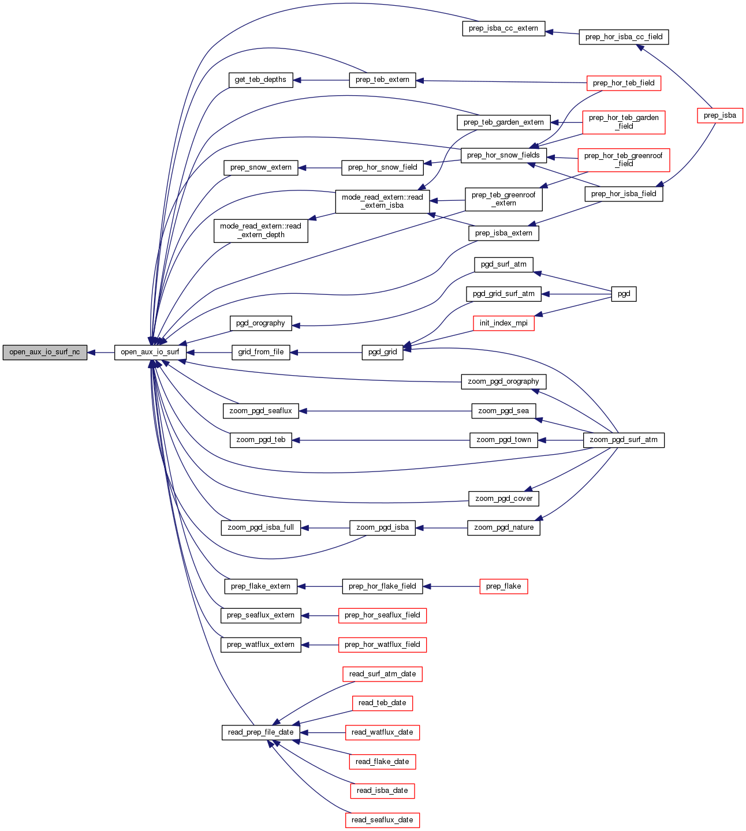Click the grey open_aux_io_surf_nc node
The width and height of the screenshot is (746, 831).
44,352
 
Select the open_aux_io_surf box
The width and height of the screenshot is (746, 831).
150,352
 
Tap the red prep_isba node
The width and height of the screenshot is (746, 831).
719,115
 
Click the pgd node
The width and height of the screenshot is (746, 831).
624,294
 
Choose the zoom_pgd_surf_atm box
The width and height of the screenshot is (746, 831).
624,440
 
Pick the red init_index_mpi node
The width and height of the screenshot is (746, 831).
503,323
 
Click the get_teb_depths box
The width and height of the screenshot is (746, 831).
260,80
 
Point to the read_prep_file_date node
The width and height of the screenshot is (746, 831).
261,732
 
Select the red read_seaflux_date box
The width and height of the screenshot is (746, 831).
382,820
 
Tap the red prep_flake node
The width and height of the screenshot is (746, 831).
503,586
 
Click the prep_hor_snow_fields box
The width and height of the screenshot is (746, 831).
503,155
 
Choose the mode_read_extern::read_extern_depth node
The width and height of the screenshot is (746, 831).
261,230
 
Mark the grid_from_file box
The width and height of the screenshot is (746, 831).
261,352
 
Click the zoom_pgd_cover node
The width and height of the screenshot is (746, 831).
503,499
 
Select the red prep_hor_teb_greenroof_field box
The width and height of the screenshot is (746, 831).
624,160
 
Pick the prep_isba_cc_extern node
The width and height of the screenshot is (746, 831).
503,28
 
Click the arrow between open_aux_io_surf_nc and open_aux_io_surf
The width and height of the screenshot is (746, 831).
101,352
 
